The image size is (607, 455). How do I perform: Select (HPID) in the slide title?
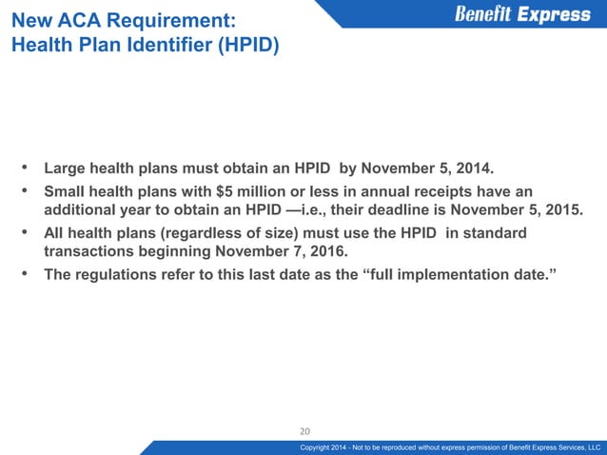click(x=245, y=44)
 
